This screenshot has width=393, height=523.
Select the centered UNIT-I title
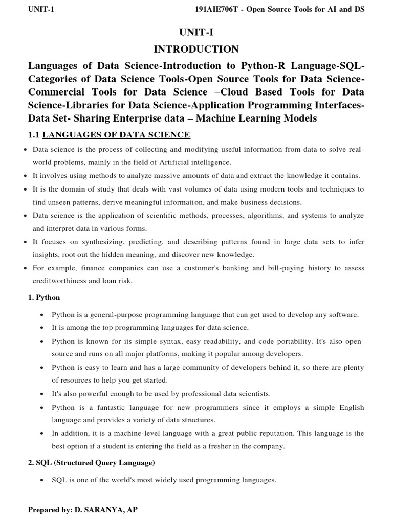point(196,32)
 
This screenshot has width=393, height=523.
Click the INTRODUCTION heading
point(196,49)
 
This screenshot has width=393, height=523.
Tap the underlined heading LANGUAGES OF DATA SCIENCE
point(116,135)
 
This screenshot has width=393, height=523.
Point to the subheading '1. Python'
point(43,297)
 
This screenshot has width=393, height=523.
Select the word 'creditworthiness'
point(57,281)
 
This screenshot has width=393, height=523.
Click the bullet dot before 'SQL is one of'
point(42,481)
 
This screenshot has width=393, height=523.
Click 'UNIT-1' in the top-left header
point(42,10)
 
